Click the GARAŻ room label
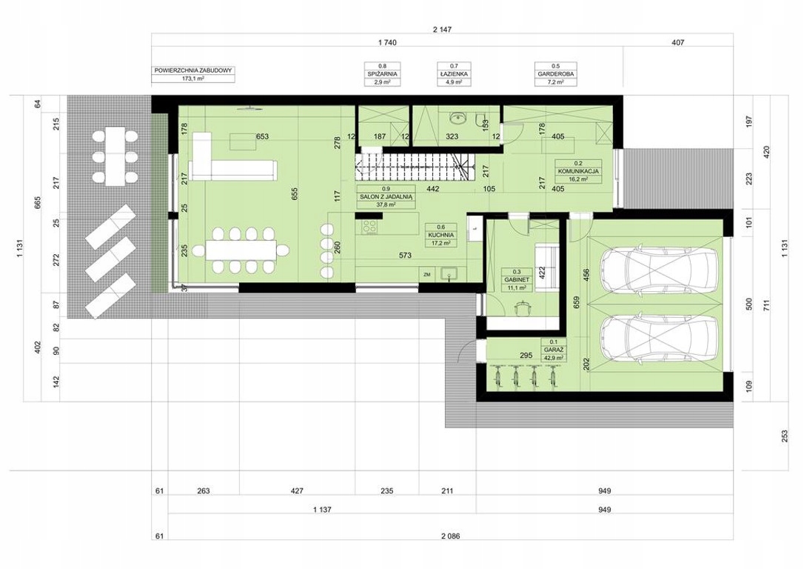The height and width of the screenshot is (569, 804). pyautogui.click(x=554, y=350)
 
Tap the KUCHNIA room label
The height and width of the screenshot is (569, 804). pyautogui.click(x=440, y=235)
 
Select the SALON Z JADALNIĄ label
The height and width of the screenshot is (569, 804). pyautogui.click(x=386, y=196)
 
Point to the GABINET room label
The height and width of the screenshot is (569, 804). pyautogui.click(x=516, y=280)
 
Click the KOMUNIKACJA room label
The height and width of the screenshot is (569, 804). pyautogui.click(x=578, y=171)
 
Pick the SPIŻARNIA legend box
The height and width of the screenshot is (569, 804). pyautogui.click(x=382, y=74)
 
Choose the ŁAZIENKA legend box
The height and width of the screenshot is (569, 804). pyautogui.click(x=454, y=74)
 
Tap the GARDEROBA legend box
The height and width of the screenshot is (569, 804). pyautogui.click(x=555, y=74)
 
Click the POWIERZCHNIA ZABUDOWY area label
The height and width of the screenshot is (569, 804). pyautogui.click(x=194, y=75)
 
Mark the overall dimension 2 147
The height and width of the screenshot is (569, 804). pyautogui.click(x=442, y=30)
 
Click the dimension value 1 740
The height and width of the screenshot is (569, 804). pyautogui.click(x=387, y=42)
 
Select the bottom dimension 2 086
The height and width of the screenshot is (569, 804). pyautogui.click(x=450, y=536)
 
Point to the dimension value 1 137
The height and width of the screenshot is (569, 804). pyautogui.click(x=322, y=510)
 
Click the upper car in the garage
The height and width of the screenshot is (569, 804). pyautogui.click(x=659, y=269)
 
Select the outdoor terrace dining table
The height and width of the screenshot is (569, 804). pyautogui.click(x=115, y=156)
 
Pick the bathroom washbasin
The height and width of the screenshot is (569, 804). pyautogui.click(x=456, y=119)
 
